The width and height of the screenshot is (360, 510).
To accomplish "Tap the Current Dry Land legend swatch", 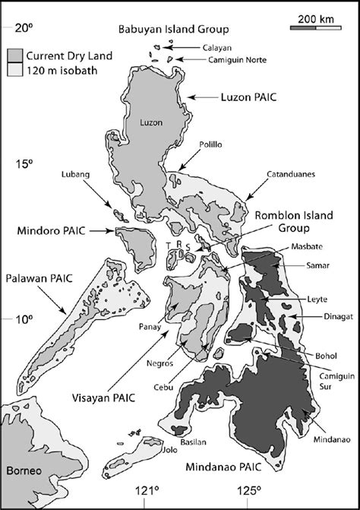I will [x=16, y=55].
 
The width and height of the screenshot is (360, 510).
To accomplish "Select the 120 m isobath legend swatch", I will [x=16, y=68].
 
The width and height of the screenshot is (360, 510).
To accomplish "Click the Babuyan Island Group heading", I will [x=173, y=30].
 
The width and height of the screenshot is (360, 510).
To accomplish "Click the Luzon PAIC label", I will [x=237, y=97].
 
